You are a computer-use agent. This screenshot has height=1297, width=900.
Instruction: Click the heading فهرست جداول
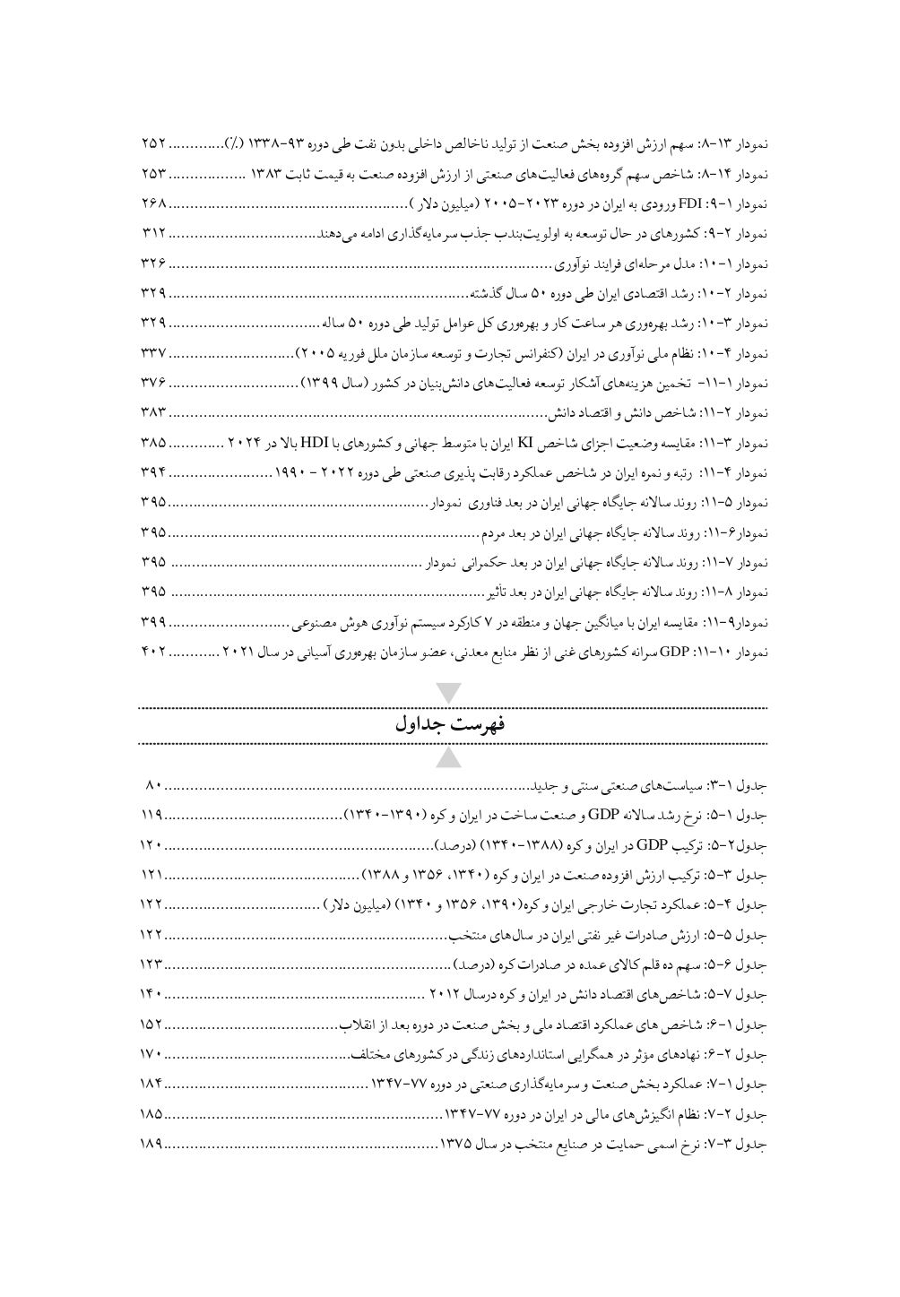450,725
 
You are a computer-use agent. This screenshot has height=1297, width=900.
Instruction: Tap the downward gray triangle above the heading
450,694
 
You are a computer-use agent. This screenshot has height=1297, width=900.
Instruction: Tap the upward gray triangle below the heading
450,757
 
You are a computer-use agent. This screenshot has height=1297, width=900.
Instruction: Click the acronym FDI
690,203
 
